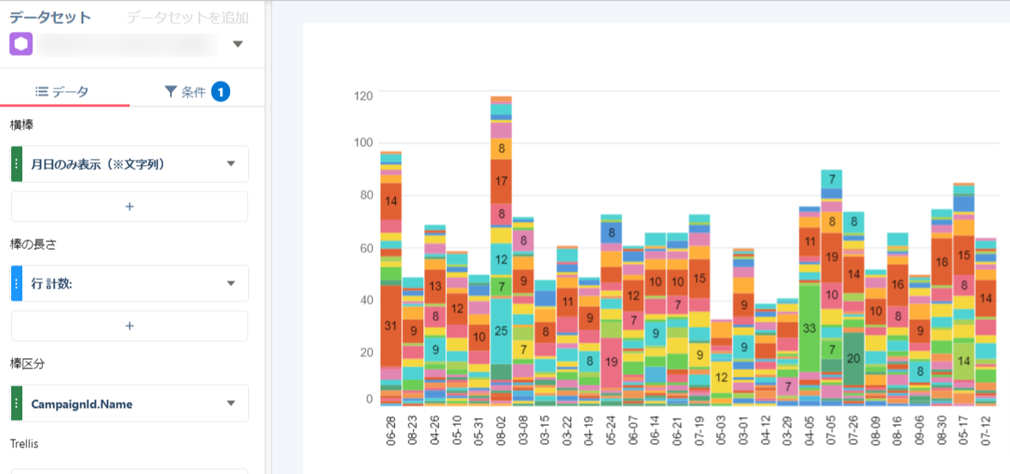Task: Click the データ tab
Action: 62,92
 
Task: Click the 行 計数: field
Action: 129,283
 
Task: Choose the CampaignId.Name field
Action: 129,404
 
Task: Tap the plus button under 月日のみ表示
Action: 129,207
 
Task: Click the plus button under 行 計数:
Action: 129,326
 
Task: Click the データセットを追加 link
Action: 187,18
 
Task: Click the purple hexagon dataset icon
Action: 21,44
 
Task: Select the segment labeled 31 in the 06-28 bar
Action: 392,326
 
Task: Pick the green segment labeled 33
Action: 808,328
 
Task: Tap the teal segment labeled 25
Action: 502,331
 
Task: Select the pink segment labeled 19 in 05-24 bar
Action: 611,362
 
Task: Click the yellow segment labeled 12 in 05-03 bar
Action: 721,377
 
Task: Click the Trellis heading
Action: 25,444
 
